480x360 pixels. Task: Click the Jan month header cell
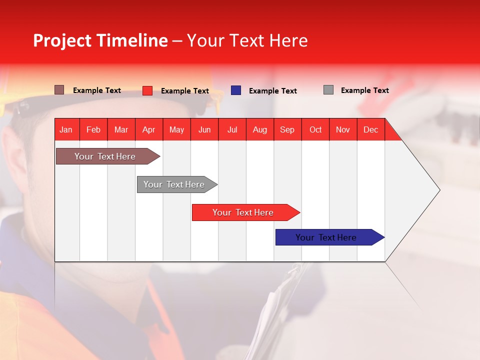(66, 129)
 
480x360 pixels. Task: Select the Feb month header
(93, 129)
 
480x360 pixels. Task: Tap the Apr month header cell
(149, 129)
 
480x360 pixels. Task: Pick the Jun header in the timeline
(204, 129)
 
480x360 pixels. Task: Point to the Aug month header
(260, 129)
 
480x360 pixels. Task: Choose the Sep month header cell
(287, 129)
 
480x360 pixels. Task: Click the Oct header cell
(315, 129)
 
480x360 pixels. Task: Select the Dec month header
(371, 129)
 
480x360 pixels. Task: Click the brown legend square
(59, 90)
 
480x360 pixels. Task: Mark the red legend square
(147, 90)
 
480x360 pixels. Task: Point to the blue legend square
(236, 90)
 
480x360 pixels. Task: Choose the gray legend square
(328, 90)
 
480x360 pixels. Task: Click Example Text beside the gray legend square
(364, 90)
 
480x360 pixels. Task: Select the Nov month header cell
(343, 129)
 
